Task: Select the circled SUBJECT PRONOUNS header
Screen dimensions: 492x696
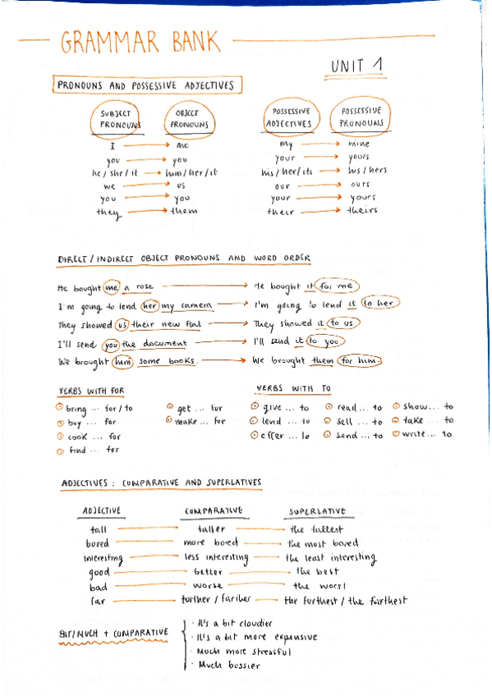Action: (x=115, y=119)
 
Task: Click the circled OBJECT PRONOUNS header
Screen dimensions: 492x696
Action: (x=188, y=119)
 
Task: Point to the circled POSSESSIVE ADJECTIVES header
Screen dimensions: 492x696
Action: (x=288, y=117)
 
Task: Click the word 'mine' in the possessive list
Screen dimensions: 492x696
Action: (x=359, y=144)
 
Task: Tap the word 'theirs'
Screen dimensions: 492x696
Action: (x=362, y=211)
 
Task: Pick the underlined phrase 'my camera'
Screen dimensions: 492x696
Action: (x=187, y=306)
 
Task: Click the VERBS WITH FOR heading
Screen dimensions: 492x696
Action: (x=91, y=391)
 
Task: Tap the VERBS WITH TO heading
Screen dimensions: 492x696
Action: (x=293, y=388)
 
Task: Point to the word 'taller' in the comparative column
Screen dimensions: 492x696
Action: (x=212, y=529)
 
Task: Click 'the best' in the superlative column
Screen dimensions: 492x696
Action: (x=316, y=571)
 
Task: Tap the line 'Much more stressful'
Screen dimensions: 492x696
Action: (x=236, y=652)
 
